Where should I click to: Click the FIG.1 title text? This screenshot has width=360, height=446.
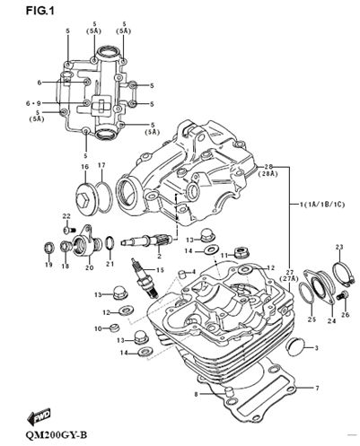coord(40,11)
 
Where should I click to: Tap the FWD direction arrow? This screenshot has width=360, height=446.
coord(39,416)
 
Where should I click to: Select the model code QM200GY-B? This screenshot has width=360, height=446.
coord(57,434)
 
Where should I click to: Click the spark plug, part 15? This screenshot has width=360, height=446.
coord(144,278)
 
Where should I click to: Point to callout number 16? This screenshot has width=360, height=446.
coord(85,167)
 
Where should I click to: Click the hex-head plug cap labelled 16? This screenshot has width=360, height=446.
coord(86,198)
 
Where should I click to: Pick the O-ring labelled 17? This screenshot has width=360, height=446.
coord(104,197)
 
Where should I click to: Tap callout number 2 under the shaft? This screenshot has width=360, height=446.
coord(159,256)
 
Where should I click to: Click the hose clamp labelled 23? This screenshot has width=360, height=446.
coord(344,274)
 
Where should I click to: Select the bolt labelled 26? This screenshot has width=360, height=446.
coord(342,296)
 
